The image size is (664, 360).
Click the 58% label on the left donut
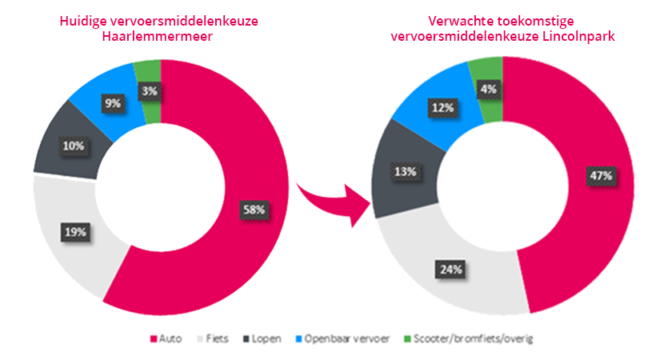coord(254,209)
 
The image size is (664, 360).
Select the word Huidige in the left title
coord(82,19)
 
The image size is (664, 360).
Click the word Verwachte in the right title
coord(457,19)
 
